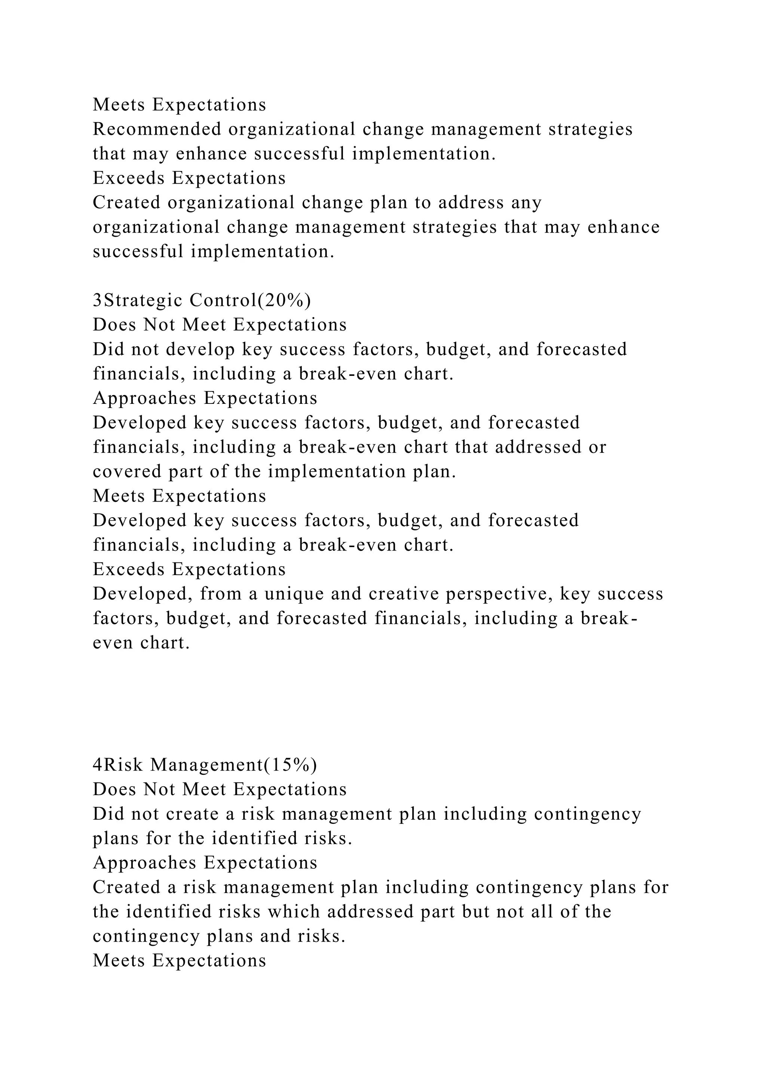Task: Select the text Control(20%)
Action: [250, 300]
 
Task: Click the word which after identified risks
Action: [294, 912]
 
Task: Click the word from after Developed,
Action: [221, 594]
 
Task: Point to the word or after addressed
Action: [597, 447]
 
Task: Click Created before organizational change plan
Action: [126, 203]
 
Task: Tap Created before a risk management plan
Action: [126, 887]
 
